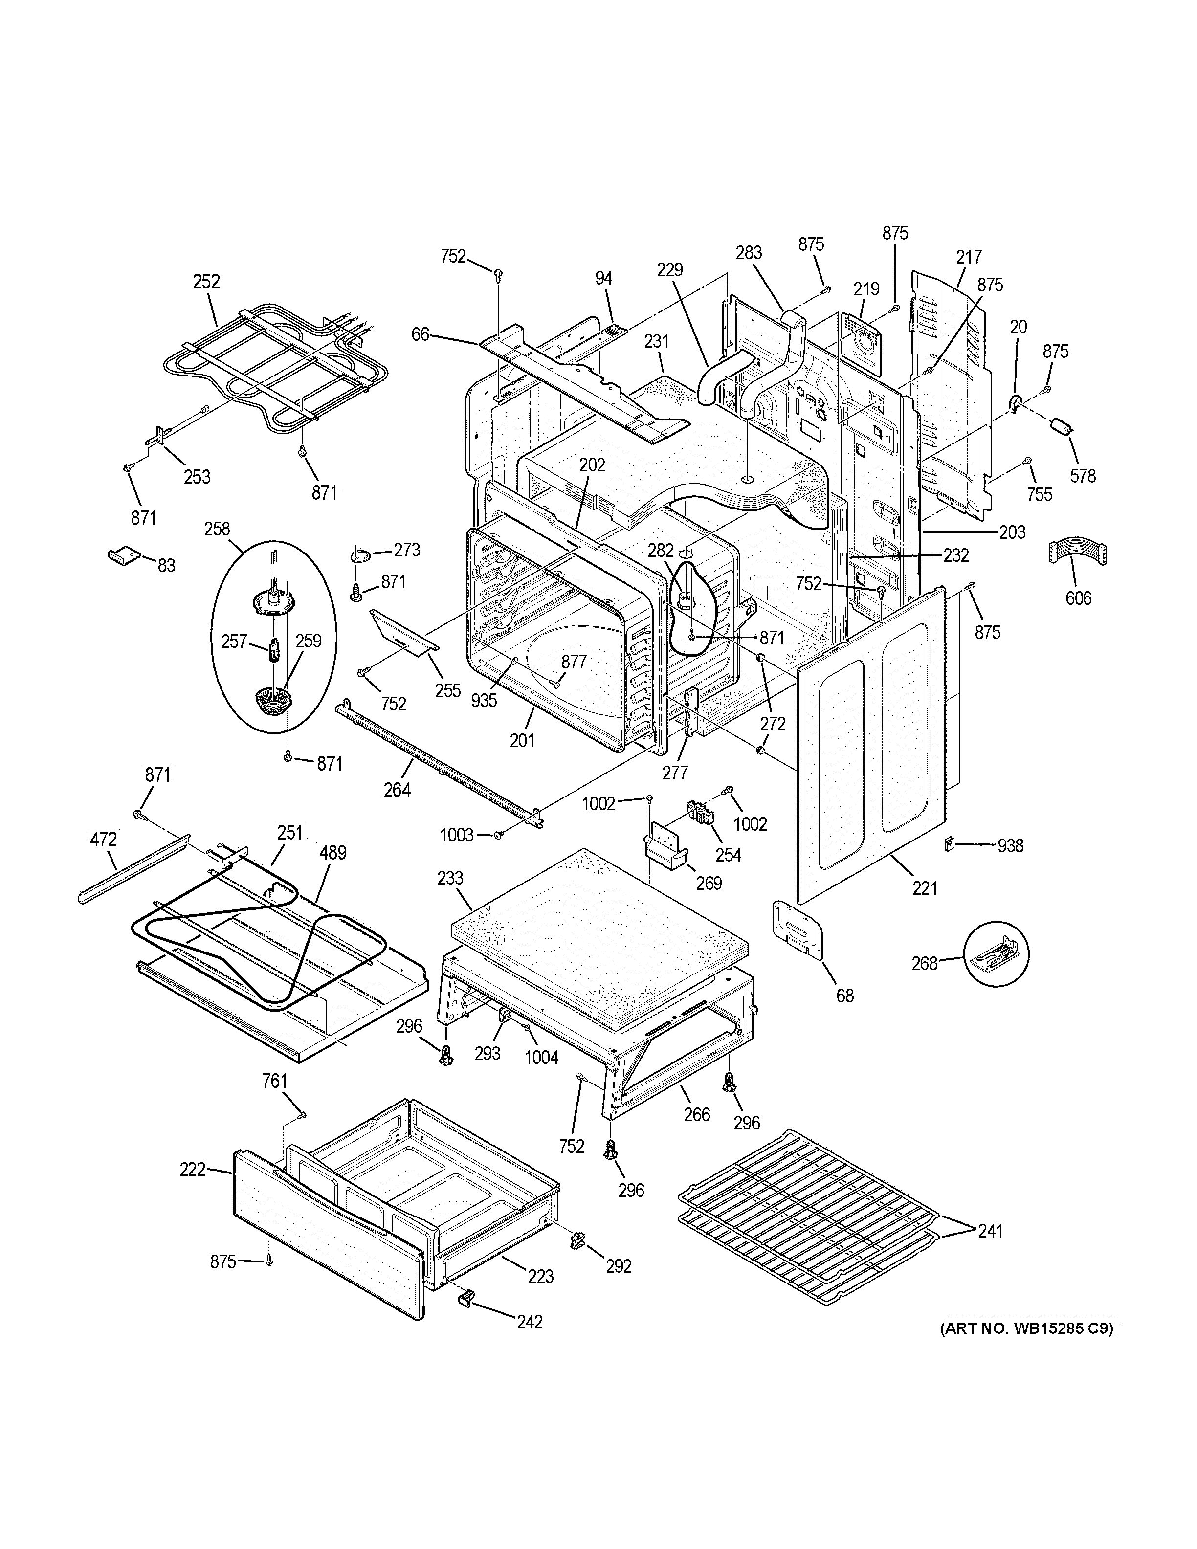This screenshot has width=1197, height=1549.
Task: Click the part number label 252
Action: tap(206, 282)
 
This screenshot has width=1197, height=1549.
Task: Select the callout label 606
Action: tap(1078, 598)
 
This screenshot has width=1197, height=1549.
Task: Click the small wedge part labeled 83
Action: tap(121, 553)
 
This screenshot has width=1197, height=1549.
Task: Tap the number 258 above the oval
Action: tap(217, 529)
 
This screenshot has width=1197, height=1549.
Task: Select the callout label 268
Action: tap(924, 963)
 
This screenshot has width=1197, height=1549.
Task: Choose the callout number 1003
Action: tap(457, 835)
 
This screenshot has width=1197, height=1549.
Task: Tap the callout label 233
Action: tap(450, 878)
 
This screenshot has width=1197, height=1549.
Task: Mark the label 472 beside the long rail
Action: tap(104, 840)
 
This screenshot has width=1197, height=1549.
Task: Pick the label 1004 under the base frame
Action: tap(541, 1077)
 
